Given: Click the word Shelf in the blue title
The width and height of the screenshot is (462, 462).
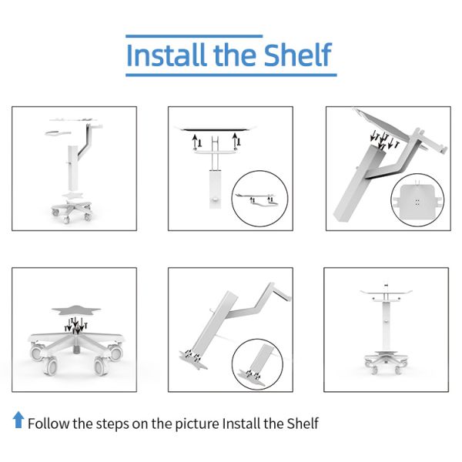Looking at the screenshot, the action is pyautogui.click(x=297, y=55).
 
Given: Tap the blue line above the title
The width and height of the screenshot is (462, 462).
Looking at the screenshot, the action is pyautogui.click(x=194, y=36).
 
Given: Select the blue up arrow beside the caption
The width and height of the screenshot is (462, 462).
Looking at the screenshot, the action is pyautogui.click(x=18, y=420).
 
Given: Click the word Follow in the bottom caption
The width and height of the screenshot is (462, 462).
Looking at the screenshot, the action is pyautogui.click(x=49, y=423).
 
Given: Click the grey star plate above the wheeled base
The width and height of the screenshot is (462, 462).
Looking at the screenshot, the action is pyautogui.click(x=76, y=310).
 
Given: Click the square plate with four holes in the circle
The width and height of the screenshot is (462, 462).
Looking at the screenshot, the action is pyautogui.click(x=417, y=200).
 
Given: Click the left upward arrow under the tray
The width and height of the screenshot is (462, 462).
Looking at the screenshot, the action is pyautogui.click(x=195, y=142).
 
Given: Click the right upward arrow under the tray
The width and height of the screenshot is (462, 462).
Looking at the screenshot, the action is pyautogui.click(x=235, y=139).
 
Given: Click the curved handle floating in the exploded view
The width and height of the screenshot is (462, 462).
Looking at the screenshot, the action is pyautogui.click(x=58, y=133).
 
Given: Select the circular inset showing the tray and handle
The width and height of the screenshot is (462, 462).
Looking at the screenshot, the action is pyautogui.click(x=260, y=199).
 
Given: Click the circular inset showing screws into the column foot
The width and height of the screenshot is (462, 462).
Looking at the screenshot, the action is pyautogui.click(x=257, y=364).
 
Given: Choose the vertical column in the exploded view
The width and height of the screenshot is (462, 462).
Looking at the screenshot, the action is pyautogui.click(x=72, y=168).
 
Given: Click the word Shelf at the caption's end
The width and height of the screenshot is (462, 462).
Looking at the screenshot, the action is pyautogui.click(x=303, y=423).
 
